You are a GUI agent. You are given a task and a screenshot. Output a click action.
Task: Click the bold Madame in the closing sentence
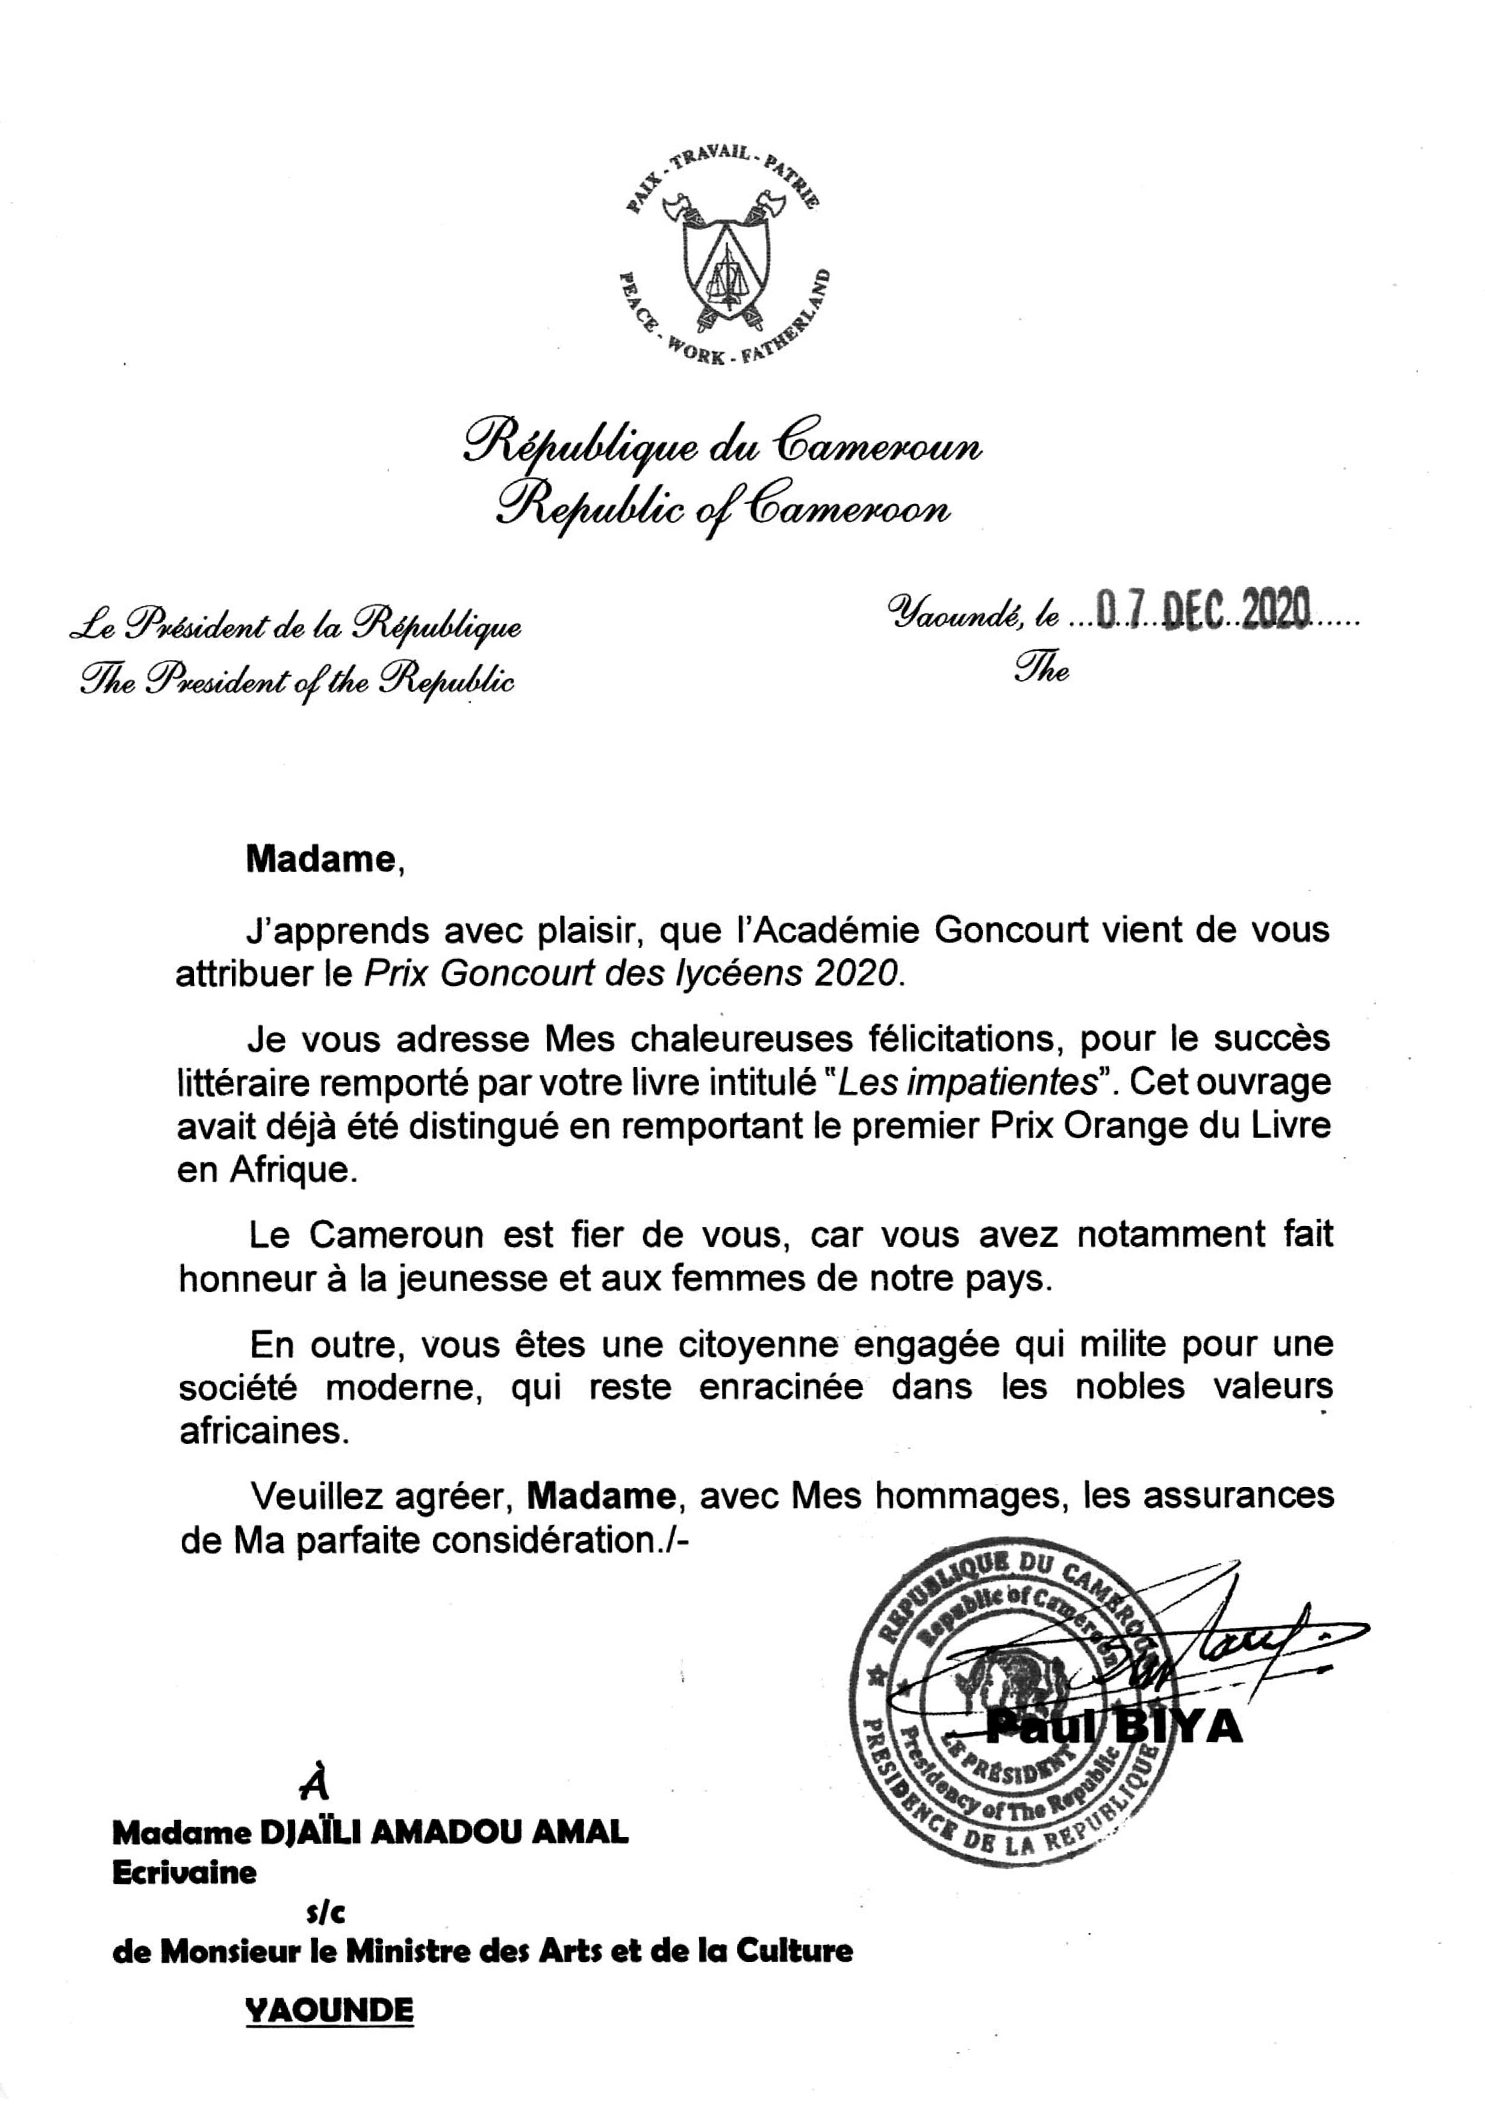click(601, 1497)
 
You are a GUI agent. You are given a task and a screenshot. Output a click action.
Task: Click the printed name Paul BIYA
click(1114, 1728)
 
